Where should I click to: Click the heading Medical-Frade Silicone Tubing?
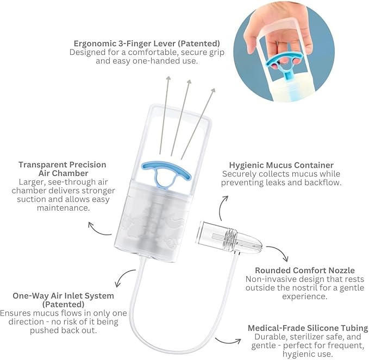click(308, 328)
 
